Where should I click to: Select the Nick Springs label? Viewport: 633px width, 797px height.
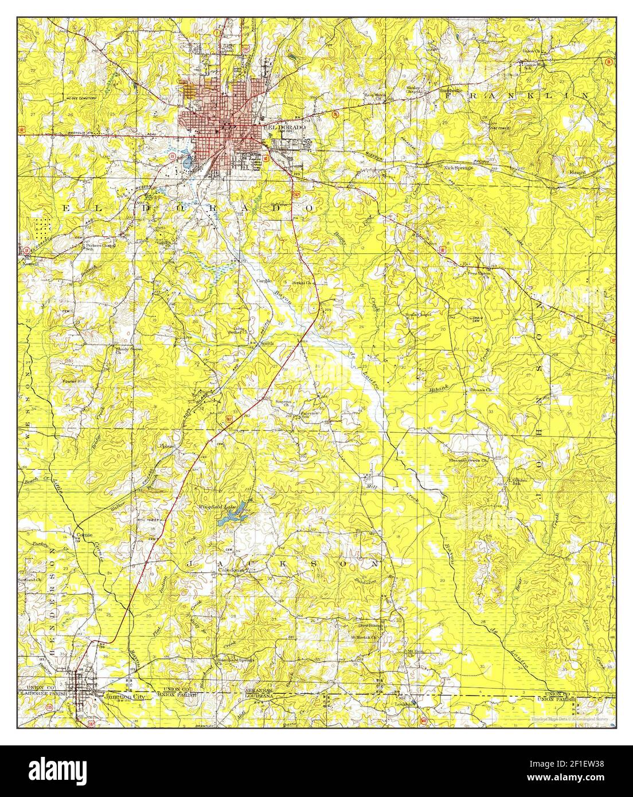[458, 167]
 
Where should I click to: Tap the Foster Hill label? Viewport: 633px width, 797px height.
[73, 380]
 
